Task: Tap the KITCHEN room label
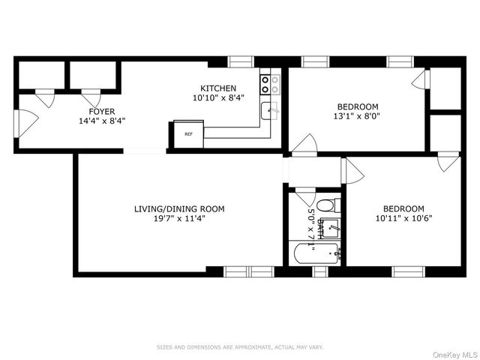pyautogui.click(x=217, y=88)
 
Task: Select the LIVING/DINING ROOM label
pyautogui.click(x=179, y=208)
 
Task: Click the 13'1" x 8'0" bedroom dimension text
pyautogui.click(x=357, y=116)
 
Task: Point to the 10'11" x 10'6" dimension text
pyautogui.click(x=403, y=219)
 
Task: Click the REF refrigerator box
pyautogui.click(x=188, y=135)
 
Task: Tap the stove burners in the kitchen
pyautogui.click(x=270, y=85)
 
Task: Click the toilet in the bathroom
pyautogui.click(x=328, y=205)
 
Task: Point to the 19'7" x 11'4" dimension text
pyautogui.click(x=179, y=219)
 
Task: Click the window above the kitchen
pyautogui.click(x=240, y=62)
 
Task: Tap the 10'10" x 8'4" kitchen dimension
pyautogui.click(x=217, y=98)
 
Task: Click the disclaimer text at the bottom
pyautogui.click(x=239, y=347)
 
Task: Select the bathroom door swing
pyautogui.click(x=305, y=196)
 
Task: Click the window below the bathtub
pyautogui.click(x=320, y=271)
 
